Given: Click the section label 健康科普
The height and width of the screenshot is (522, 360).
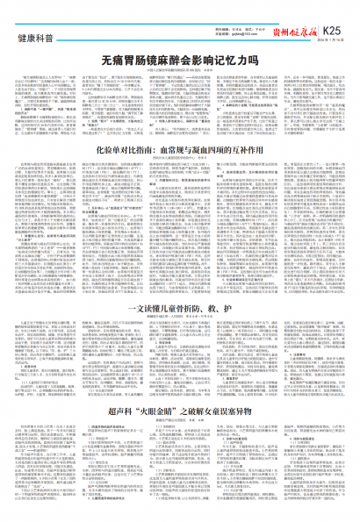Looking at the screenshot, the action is (x=32, y=18).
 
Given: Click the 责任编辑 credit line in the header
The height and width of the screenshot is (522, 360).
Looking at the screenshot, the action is (x=218, y=11).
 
